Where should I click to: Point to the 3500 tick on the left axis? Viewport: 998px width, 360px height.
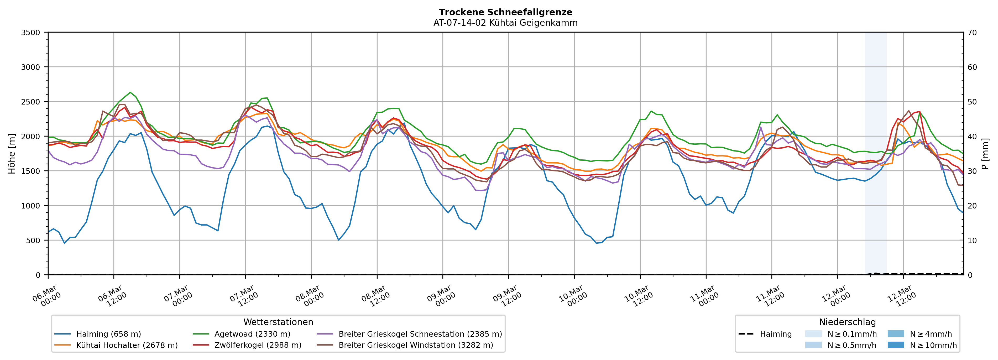click(31, 33)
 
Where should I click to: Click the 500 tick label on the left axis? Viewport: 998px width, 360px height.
click(33, 241)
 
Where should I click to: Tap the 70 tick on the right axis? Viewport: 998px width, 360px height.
click(972, 33)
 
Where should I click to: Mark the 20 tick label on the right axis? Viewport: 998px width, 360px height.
click(972, 206)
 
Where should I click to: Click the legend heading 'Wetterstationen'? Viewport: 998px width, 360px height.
click(278, 322)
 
